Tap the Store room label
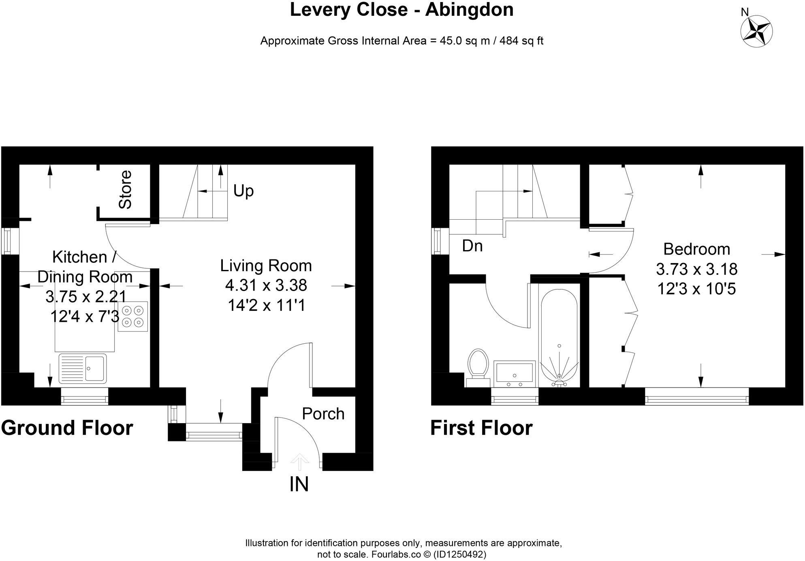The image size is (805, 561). (x=125, y=190)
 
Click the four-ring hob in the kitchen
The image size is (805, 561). (x=133, y=317)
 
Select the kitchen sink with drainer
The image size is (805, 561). (x=83, y=368)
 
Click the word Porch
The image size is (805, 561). (x=323, y=414)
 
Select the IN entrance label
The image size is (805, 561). (x=299, y=484)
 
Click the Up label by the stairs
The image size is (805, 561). (x=243, y=191)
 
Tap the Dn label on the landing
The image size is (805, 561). (x=472, y=246)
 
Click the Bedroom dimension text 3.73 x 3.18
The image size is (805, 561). (x=696, y=269)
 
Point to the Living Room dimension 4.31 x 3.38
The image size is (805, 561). (x=266, y=285)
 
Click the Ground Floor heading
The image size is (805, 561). (x=67, y=428)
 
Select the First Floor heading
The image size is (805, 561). (x=481, y=428)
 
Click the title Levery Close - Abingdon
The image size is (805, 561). (x=401, y=10)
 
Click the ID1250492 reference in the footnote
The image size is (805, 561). (x=459, y=554)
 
